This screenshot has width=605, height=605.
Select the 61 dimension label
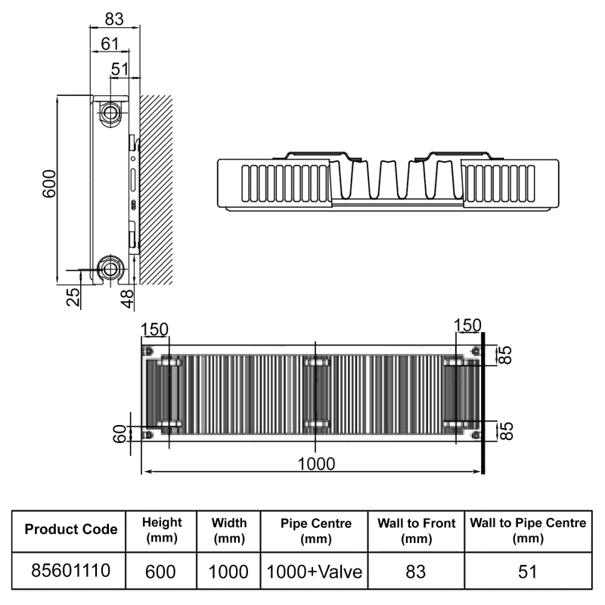(110, 44)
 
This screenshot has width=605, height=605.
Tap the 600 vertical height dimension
(48, 184)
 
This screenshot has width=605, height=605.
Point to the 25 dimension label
(73, 296)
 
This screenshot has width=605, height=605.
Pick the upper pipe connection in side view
(111, 113)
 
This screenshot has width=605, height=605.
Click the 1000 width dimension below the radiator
(315, 462)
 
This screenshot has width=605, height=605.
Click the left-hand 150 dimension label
(154, 330)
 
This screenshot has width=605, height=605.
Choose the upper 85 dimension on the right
(507, 355)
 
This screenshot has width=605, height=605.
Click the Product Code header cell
(71, 529)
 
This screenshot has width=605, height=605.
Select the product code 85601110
(71, 571)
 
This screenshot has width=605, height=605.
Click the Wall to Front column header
(416, 529)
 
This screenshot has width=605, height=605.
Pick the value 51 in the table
(527, 571)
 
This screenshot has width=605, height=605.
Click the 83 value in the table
(416, 571)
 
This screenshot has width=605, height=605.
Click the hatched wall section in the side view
(156, 189)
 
